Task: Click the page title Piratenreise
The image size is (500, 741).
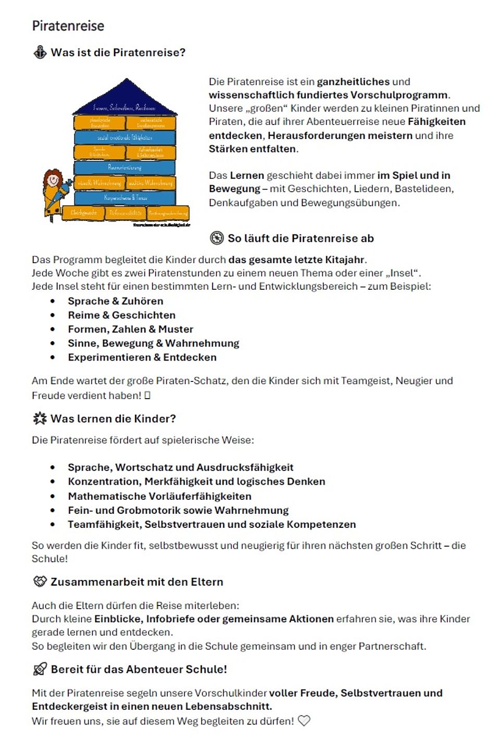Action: (68, 26)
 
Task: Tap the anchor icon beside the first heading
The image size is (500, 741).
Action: (40, 53)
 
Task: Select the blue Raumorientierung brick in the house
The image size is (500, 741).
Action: (124, 167)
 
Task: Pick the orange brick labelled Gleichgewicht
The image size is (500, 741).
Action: (83, 213)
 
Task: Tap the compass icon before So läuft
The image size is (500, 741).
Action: (217, 238)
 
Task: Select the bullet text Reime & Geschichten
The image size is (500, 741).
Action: (121, 315)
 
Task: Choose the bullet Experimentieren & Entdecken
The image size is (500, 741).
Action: (142, 357)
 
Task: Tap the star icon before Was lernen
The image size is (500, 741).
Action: (40, 418)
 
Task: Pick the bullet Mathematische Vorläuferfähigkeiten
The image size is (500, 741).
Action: (159, 496)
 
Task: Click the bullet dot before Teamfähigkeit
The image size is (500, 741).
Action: (53, 525)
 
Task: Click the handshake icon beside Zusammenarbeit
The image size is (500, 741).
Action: (40, 582)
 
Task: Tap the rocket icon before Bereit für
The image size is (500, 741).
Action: (40, 669)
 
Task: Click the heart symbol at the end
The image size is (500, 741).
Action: (304, 721)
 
